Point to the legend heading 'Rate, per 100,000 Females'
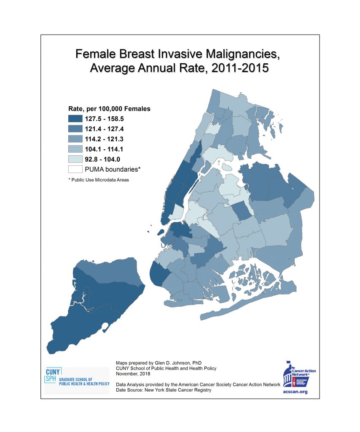109,109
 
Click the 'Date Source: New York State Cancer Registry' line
163,390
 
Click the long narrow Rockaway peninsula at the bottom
253,306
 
